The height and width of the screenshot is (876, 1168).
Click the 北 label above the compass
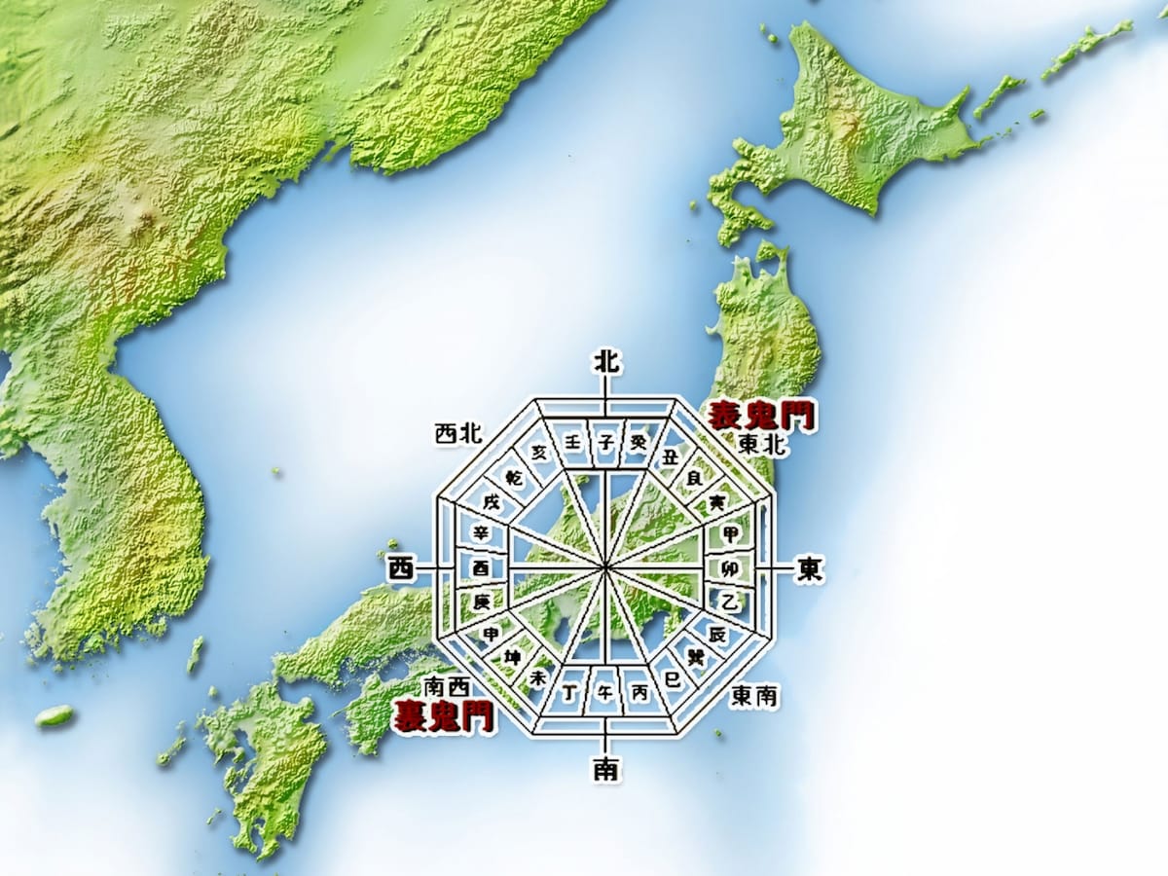[x=606, y=362]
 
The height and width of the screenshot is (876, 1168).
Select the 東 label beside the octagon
[x=809, y=568]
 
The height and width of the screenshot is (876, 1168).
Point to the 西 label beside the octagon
[x=401, y=568]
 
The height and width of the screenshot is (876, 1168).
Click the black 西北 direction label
[x=458, y=434]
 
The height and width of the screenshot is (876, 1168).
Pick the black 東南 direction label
[x=754, y=696]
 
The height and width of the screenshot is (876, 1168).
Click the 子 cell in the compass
[x=606, y=443]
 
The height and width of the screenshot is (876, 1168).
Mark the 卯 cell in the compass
[x=729, y=567]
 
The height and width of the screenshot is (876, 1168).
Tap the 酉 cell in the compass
[x=481, y=567]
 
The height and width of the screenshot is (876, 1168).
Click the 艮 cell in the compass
[x=694, y=478]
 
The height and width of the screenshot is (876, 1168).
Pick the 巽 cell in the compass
[x=696, y=657]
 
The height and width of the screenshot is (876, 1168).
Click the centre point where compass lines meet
[x=605, y=566]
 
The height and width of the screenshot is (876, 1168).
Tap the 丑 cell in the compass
[x=670, y=456]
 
